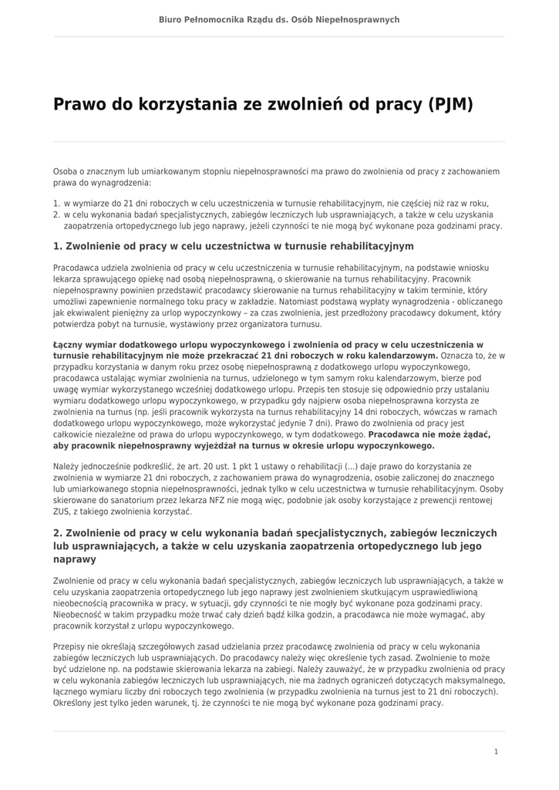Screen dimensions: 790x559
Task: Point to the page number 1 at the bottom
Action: (x=496, y=751)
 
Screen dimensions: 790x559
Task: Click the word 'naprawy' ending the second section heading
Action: (x=75, y=559)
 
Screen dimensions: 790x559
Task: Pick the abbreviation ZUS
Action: (x=63, y=511)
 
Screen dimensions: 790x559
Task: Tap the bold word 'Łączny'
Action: (x=70, y=345)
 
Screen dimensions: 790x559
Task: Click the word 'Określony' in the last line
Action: (x=75, y=703)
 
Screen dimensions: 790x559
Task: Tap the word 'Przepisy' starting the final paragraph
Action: (x=71, y=647)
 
